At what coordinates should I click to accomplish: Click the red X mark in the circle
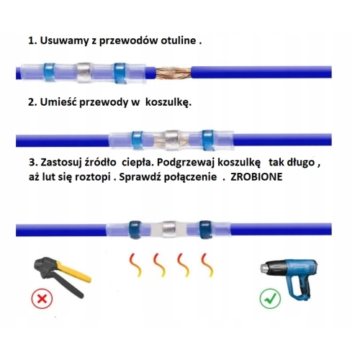pyautogui.click(x=42, y=299)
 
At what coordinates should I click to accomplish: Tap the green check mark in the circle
pyautogui.click(x=270, y=299)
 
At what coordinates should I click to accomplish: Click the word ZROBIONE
pyautogui.click(x=256, y=177)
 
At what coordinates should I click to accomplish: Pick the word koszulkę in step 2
pyautogui.click(x=168, y=102)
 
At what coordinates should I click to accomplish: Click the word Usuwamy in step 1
pyautogui.click(x=64, y=41)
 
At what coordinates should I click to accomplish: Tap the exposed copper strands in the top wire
pyautogui.click(x=174, y=73)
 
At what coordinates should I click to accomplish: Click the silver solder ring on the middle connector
pyautogui.click(x=172, y=140)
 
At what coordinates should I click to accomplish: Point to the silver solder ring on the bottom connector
pyautogui.click(x=169, y=230)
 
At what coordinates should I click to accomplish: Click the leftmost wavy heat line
pyautogui.click(x=135, y=265)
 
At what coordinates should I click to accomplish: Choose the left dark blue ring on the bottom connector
pyautogui.click(x=136, y=230)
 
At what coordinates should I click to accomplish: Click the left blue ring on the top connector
pyautogui.click(x=49, y=73)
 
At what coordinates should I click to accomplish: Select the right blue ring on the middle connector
pyautogui.click(x=208, y=140)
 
